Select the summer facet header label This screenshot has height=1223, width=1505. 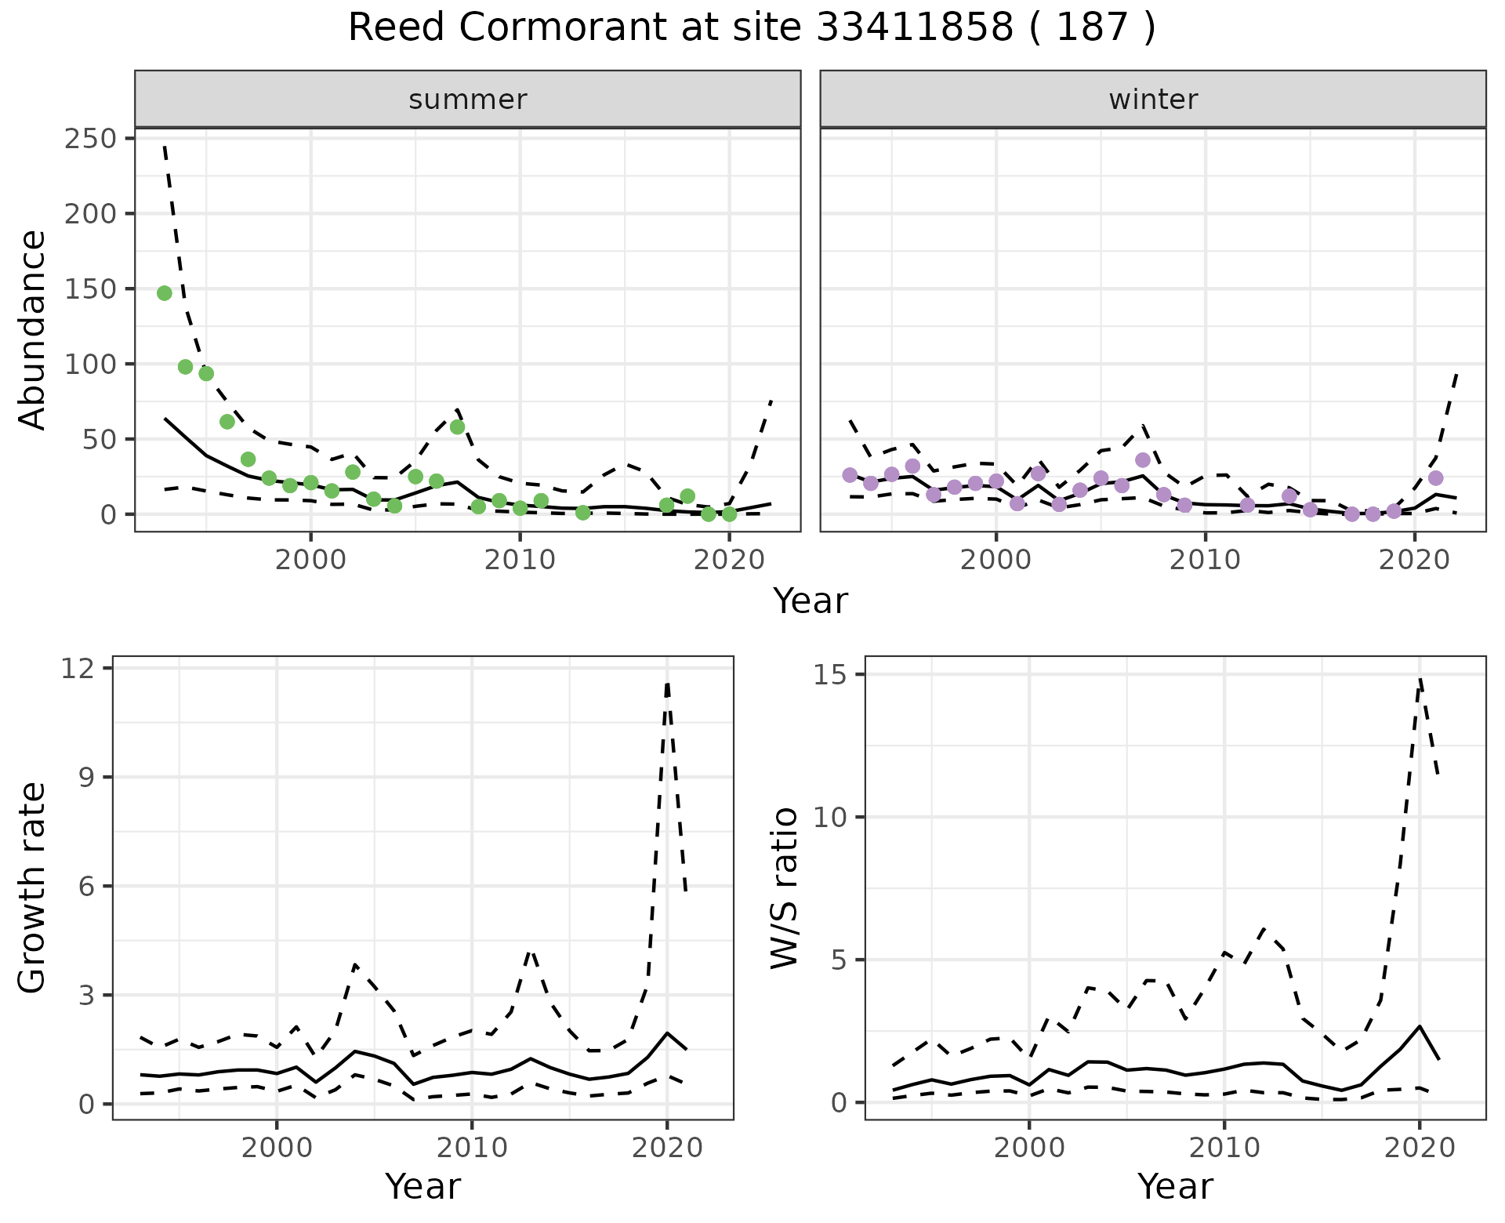[x=468, y=100]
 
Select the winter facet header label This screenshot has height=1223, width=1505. [x=1153, y=100]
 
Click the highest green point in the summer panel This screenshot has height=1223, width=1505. [x=165, y=293]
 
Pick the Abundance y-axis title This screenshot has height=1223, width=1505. [x=33, y=329]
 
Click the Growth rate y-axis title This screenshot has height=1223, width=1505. [x=33, y=888]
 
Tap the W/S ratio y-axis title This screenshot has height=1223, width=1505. [x=785, y=888]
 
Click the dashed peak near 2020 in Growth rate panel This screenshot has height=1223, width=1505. [x=667, y=684]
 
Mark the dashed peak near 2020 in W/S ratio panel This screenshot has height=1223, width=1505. [x=1420, y=679]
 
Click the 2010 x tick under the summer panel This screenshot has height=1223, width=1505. [x=520, y=560]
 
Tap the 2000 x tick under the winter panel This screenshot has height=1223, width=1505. [x=996, y=560]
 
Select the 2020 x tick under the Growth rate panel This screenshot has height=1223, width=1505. [x=667, y=1148]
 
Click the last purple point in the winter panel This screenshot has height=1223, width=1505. [x=1435, y=478]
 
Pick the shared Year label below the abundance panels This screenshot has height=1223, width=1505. [x=811, y=601]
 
